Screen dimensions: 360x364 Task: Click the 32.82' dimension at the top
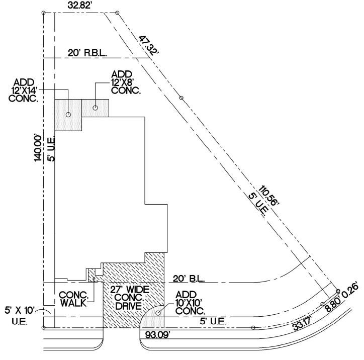point(80,6)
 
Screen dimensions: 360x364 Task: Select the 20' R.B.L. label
point(88,53)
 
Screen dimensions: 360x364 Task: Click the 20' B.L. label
point(187,278)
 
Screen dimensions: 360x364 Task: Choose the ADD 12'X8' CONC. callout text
point(126,83)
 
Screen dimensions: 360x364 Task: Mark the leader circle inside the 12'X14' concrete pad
point(68,115)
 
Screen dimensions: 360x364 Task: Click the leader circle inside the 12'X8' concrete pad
point(96,107)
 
